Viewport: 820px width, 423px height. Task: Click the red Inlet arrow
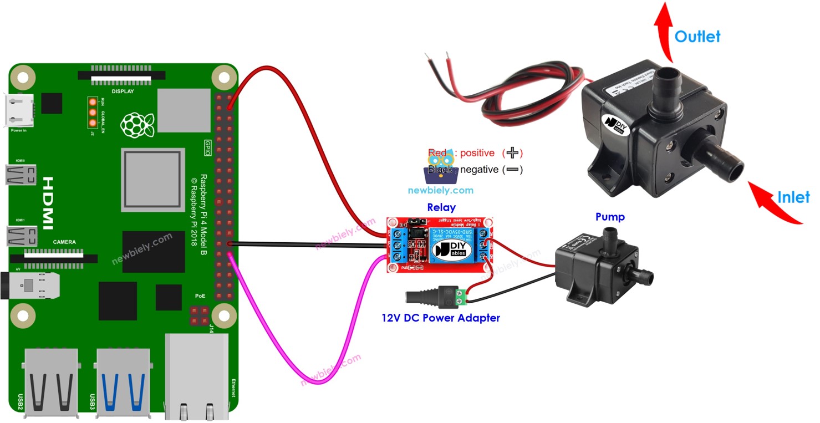(776, 203)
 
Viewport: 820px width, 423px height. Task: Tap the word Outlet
(697, 37)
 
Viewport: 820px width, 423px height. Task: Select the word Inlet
(793, 197)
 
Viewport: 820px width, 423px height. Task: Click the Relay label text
(441, 207)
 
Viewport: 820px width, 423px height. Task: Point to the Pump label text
(610, 217)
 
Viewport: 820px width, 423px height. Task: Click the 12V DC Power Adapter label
(441, 318)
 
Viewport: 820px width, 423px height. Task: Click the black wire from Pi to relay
(310, 244)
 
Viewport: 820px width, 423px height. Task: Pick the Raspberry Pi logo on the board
(133, 125)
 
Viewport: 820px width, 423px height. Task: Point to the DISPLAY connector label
(123, 91)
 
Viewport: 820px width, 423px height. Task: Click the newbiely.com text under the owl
(441, 190)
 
